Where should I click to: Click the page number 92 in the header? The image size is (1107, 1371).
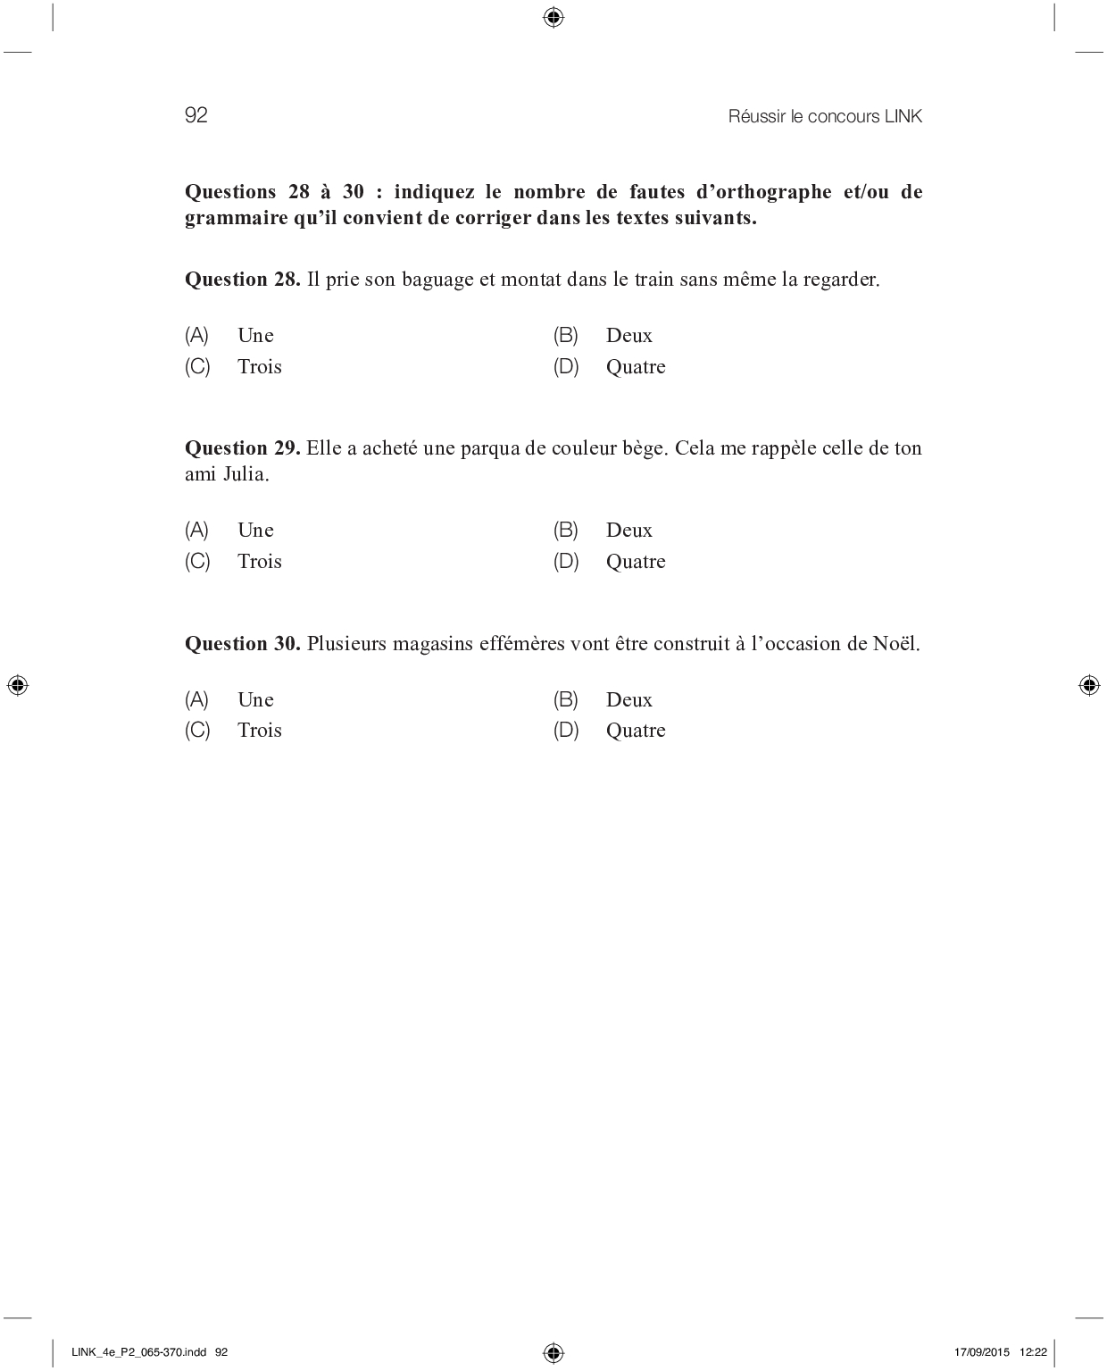(196, 115)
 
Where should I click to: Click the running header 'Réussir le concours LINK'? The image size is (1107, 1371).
(825, 116)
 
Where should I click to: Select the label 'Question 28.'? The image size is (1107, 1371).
(242, 280)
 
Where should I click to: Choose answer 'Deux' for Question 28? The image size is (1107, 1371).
(628, 336)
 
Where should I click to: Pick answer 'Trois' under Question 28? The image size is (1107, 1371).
(259, 367)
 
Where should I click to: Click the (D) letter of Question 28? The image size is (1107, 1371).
(566, 367)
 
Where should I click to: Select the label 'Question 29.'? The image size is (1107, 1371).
(242, 448)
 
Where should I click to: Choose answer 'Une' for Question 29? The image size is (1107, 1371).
(255, 531)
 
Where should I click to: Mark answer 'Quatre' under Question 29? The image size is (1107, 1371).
(636, 562)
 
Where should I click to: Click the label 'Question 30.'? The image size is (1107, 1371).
(242, 644)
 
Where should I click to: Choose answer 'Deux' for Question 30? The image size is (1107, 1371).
(628, 700)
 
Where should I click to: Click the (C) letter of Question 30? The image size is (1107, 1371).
(197, 731)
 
